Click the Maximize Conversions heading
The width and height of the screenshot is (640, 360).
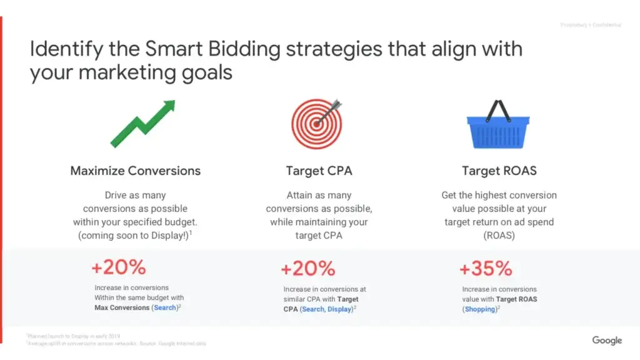tap(136, 171)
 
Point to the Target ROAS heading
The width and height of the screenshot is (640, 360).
tap(499, 171)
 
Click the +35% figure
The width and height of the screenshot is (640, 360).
tap(486, 269)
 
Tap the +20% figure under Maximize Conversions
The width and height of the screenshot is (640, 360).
tap(119, 267)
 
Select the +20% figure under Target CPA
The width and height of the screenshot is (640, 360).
tap(308, 269)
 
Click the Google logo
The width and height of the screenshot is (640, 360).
tap(607, 340)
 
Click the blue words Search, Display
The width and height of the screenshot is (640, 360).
tap(327, 309)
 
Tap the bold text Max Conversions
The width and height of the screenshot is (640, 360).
tap(122, 307)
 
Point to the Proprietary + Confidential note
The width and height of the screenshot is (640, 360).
tap(591, 25)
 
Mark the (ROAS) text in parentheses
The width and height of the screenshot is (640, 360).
tap(499, 235)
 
